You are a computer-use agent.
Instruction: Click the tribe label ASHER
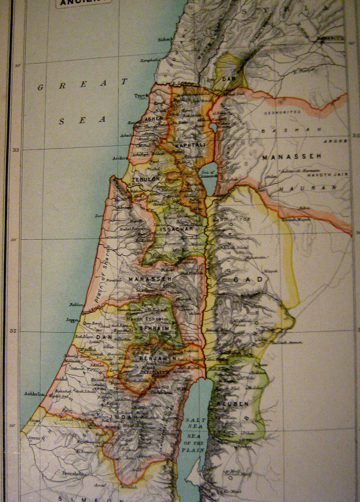pyautogui.click(x=154, y=119)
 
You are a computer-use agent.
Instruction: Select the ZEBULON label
pyautogui.click(x=146, y=179)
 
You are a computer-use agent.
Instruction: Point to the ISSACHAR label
pyautogui.click(x=177, y=228)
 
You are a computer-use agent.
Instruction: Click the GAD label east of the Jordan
pyautogui.click(x=244, y=279)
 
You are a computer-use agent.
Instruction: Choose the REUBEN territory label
pyautogui.click(x=236, y=404)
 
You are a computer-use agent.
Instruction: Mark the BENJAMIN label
pyautogui.click(x=157, y=358)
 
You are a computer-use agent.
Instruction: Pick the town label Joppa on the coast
pyautogui.click(x=72, y=320)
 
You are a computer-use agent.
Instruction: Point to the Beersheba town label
pyautogui.click(x=74, y=473)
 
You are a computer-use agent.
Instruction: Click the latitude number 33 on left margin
pyautogui.click(x=15, y=150)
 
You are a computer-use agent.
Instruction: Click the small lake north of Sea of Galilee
pyautogui.click(x=213, y=127)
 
